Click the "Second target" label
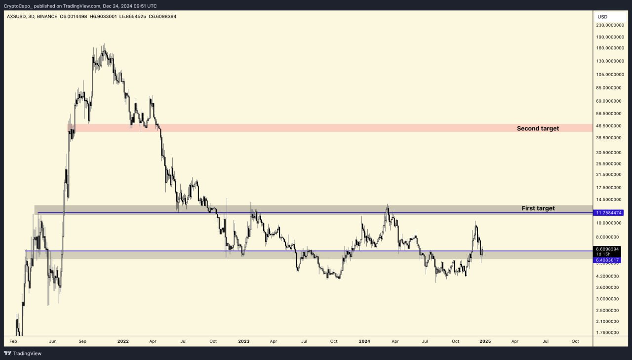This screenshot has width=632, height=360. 538,128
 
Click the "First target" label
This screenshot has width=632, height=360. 538,208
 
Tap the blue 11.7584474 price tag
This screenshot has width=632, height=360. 609,213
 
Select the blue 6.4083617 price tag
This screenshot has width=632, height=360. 607,260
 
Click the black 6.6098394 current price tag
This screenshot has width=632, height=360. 607,249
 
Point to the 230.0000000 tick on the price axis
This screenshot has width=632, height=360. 609,25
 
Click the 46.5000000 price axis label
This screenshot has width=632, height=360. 609,126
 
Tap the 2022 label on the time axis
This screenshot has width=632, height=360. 123,341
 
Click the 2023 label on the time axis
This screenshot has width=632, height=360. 244,341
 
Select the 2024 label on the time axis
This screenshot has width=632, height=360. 364,341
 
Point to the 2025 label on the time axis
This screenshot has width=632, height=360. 485,341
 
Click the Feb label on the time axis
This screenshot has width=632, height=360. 13,341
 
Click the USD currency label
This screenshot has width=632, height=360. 602,17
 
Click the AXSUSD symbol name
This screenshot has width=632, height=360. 17,17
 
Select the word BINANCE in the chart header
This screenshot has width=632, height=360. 47,17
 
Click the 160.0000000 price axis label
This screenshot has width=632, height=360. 609,48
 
